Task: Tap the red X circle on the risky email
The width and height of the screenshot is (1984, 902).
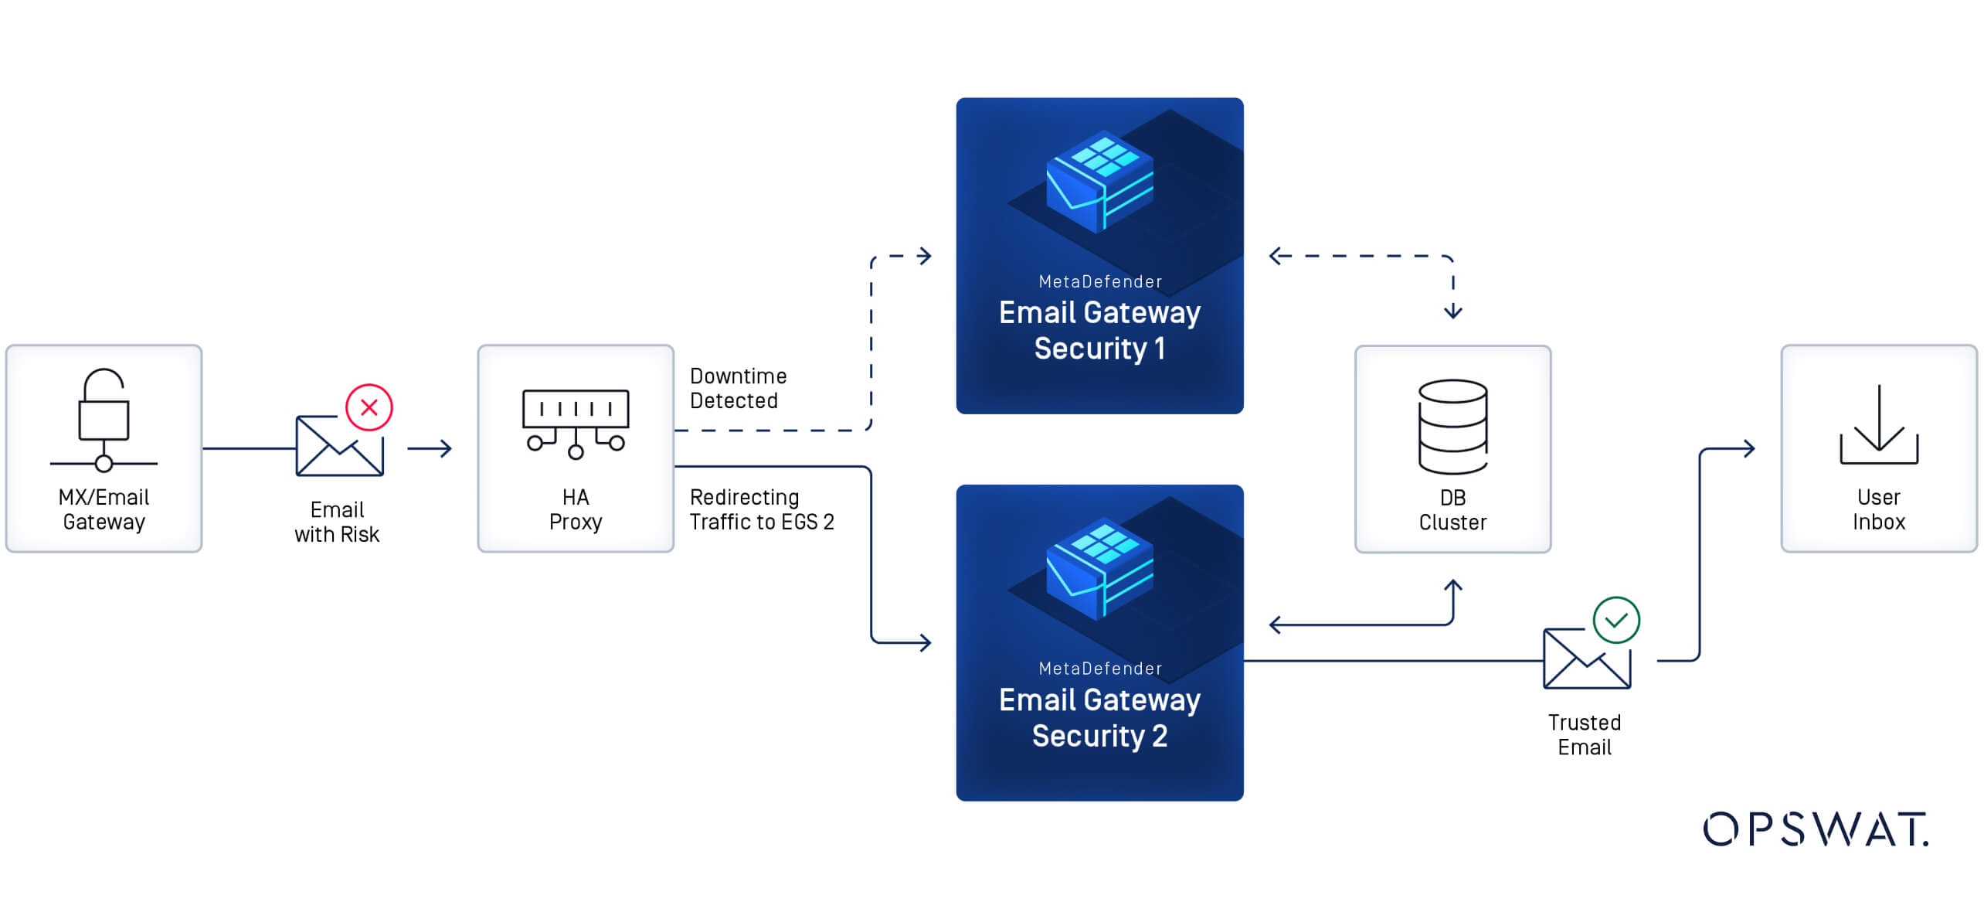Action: (369, 407)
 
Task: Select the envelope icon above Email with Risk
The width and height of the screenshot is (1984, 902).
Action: (339, 446)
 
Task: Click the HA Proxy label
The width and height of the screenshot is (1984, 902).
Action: (575, 509)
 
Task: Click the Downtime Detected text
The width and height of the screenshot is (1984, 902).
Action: (738, 388)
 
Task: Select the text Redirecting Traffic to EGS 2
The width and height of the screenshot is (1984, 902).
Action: (761, 509)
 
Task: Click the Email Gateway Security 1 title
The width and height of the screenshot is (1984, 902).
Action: (1099, 330)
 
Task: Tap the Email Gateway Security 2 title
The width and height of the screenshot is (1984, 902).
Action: (1099, 717)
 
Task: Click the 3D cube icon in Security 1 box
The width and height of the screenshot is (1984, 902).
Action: (1099, 182)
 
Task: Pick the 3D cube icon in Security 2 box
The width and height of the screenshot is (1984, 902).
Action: (1099, 569)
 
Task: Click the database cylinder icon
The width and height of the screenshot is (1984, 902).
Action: (1452, 426)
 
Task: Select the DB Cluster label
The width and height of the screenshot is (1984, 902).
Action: (1452, 510)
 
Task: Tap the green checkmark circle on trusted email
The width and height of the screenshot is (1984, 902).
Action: (1616, 620)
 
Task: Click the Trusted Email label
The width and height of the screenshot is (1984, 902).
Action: (1584, 734)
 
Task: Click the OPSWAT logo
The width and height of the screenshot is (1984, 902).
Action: (1815, 829)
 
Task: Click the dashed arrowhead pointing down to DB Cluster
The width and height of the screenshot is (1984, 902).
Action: (1452, 311)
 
